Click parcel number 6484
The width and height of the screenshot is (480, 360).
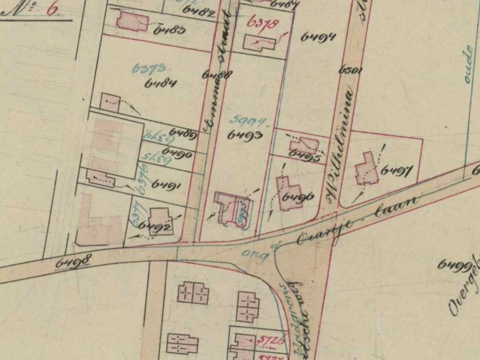161,83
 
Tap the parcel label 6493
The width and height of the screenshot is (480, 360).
245,135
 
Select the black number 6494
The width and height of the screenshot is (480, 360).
318,37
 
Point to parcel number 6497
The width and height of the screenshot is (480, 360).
397,170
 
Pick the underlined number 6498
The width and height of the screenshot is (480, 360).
73,262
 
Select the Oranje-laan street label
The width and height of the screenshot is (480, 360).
357,220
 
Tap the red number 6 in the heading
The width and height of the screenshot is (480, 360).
51,10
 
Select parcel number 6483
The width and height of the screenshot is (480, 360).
170,30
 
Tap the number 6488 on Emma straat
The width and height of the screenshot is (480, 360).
217,75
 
